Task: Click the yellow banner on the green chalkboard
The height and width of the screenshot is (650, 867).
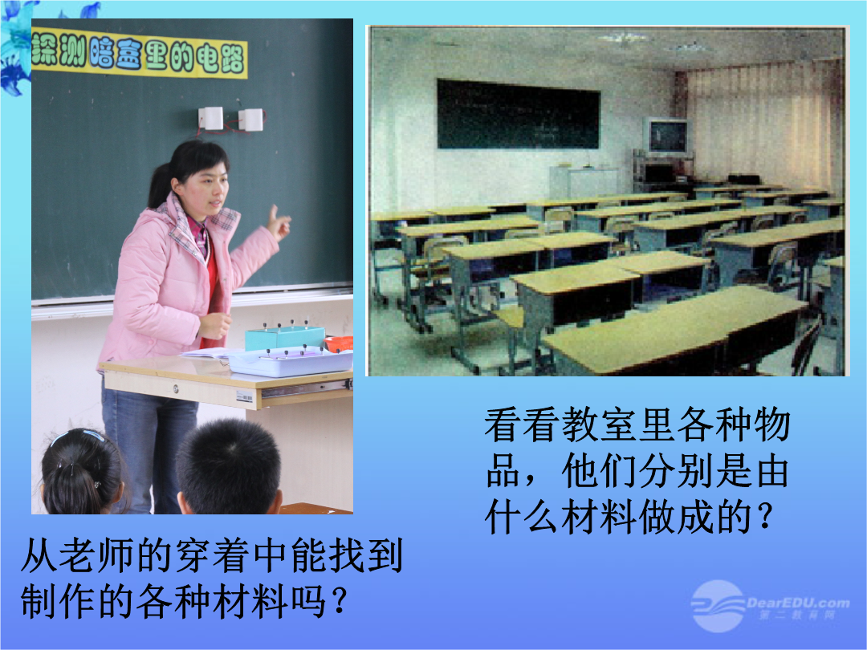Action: click(139, 53)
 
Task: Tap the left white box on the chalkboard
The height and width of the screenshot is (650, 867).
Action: click(210, 118)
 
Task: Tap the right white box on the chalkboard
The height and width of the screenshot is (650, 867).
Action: click(251, 120)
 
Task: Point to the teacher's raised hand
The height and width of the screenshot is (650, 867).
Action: click(279, 223)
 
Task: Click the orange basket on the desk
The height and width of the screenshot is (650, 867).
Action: click(339, 343)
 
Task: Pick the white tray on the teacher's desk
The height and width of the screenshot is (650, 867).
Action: click(291, 362)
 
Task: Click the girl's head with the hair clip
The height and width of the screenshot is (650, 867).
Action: click(81, 472)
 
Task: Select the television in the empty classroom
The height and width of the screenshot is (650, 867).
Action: click(667, 136)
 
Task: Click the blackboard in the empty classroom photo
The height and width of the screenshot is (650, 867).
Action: click(518, 114)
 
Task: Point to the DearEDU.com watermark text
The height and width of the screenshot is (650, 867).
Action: click(798, 603)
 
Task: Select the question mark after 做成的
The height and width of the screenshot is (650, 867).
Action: click(766, 517)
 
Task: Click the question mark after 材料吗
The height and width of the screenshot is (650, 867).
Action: click(338, 600)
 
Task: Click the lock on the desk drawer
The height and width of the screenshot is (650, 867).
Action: click(177, 388)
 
